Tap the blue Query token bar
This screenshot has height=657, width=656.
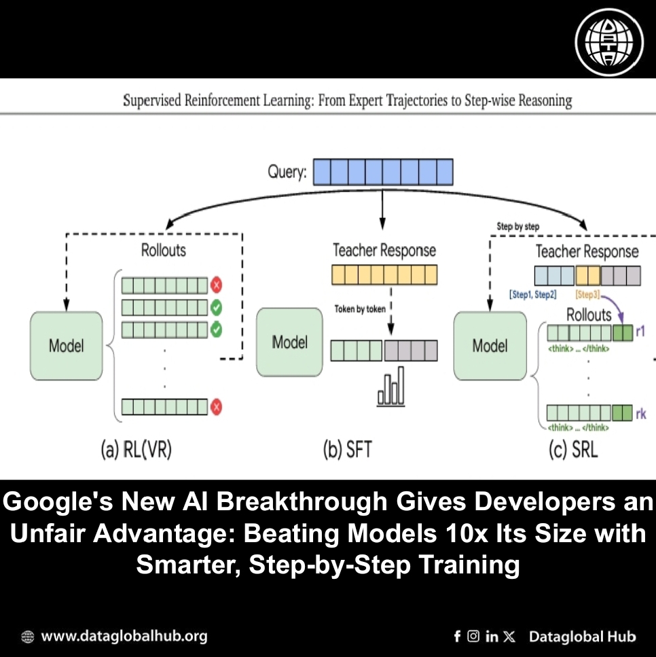point(382,171)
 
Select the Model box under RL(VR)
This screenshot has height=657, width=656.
point(66,345)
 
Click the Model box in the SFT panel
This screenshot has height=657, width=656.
point(289,342)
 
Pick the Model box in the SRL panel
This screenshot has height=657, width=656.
point(490,345)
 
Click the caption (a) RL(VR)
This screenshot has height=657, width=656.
point(136,450)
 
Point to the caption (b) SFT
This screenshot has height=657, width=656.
point(347,450)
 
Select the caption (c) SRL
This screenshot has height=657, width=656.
point(575,450)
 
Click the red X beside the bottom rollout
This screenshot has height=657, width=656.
point(217,407)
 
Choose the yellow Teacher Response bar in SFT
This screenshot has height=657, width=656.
point(384,274)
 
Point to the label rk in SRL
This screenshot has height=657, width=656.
point(641,412)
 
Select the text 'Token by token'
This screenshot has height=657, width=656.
point(360,308)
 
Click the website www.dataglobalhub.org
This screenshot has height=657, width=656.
point(124,637)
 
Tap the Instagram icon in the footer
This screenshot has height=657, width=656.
point(473,637)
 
